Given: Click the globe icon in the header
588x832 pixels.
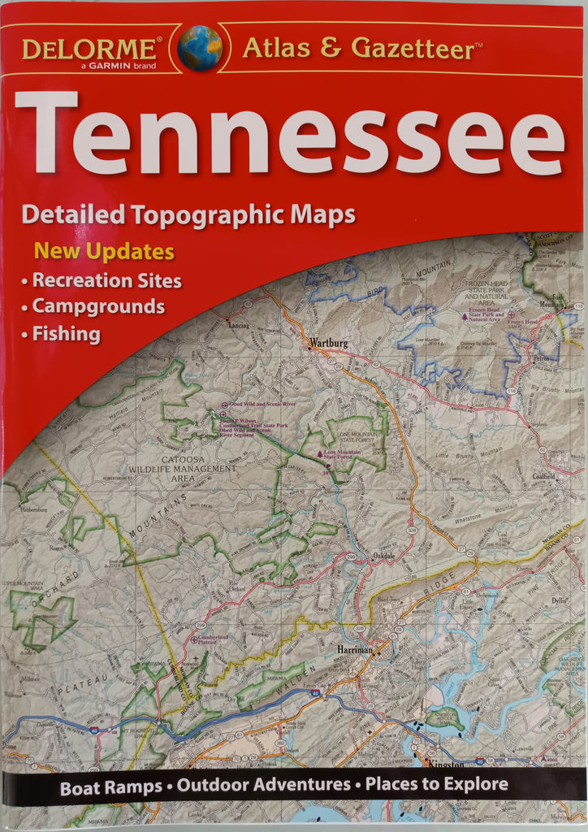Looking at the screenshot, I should tap(200, 48).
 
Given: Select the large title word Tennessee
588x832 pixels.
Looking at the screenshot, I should tap(289, 135).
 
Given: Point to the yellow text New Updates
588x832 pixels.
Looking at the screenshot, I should tap(104, 251).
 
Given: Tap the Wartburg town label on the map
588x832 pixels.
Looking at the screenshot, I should tap(329, 344).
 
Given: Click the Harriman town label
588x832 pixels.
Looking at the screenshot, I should tap(354, 650).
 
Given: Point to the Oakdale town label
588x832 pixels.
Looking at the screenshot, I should tap(384, 556).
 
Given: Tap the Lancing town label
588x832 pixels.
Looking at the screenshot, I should tap(239, 325).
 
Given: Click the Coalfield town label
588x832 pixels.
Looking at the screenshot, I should tap(544, 477).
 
